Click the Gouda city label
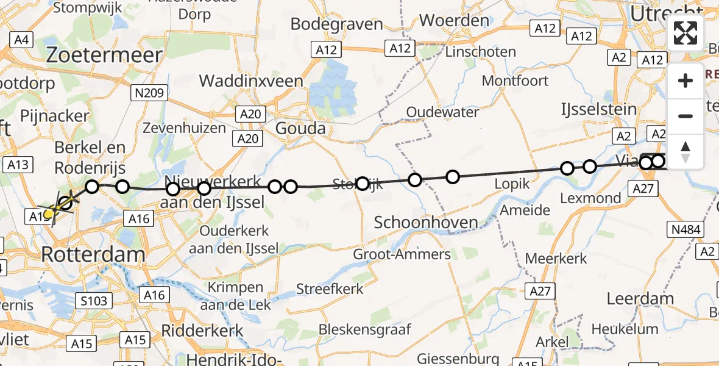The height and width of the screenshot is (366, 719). [x=300, y=129]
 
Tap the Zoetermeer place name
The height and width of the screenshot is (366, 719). [x=105, y=56]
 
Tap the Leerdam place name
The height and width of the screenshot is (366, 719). [x=640, y=299]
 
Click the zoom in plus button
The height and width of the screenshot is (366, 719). [x=685, y=81]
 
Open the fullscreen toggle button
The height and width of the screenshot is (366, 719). [x=685, y=33]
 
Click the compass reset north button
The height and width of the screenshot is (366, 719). [x=685, y=152]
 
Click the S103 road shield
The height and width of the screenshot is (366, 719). [x=94, y=300]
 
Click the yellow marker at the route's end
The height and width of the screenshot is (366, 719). [x=49, y=213]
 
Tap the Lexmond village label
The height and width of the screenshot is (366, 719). [x=590, y=198]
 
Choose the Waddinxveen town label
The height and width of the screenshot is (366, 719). [x=251, y=81]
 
